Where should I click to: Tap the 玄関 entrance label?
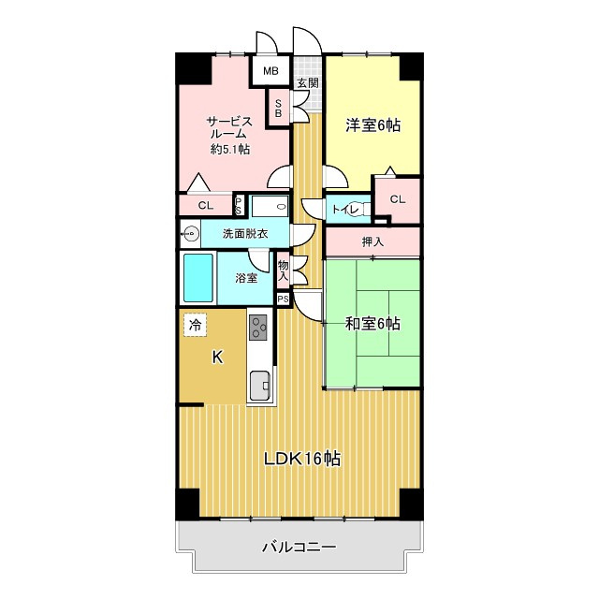(x=307, y=83)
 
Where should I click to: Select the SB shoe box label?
(x=278, y=109)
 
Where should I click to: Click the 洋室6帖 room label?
(x=373, y=124)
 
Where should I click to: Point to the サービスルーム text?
(x=230, y=127)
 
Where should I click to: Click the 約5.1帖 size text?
(x=230, y=150)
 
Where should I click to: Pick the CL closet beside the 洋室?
(x=397, y=199)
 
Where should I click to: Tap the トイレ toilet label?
(x=343, y=210)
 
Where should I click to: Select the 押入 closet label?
(x=373, y=242)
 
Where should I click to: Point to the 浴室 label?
(x=246, y=277)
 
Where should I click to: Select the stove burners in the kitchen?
(x=258, y=328)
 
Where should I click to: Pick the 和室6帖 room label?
(x=373, y=324)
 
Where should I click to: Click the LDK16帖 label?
(x=300, y=460)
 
